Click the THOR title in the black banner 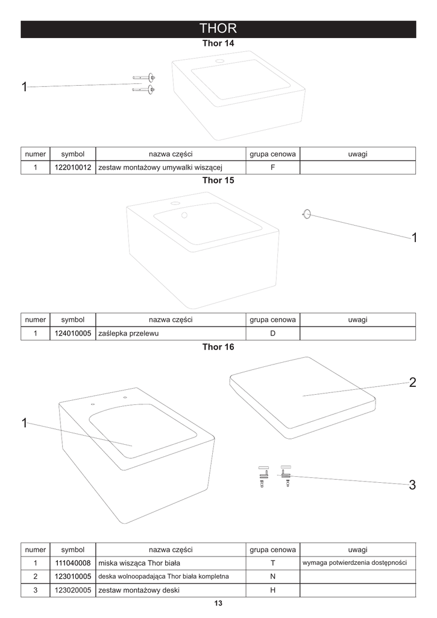[x=218, y=29]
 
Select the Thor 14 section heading [x=218, y=44]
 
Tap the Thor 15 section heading [x=218, y=180]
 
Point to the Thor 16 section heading [x=218, y=347]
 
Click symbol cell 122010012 [x=73, y=168]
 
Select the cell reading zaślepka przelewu [x=128, y=334]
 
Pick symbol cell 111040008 [x=73, y=563]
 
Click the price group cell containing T [x=272, y=563]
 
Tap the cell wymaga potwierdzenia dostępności [x=354, y=562]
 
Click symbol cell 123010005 [x=73, y=577]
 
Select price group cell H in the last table [x=272, y=590]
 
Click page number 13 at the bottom [x=218, y=604]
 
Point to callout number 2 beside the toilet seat [x=412, y=382]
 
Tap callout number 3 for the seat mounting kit [x=412, y=485]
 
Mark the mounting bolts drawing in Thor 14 [x=144, y=84]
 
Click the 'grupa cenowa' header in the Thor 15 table [x=272, y=320]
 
